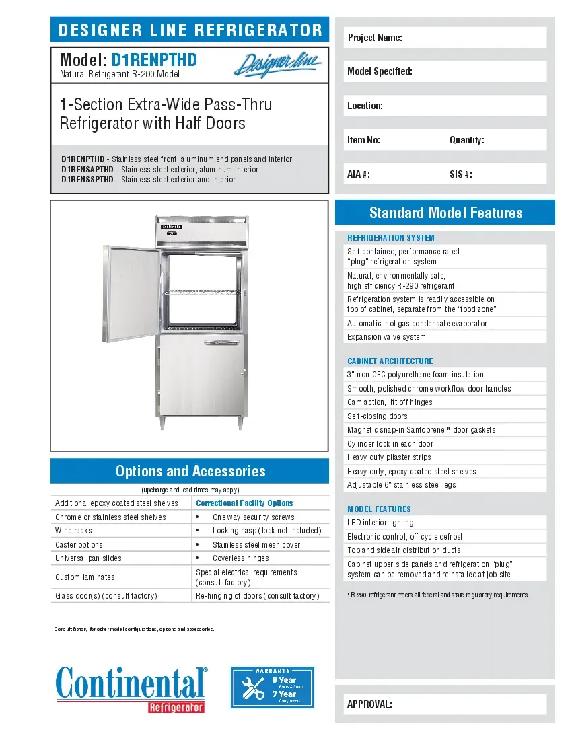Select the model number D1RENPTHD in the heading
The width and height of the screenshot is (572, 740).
[154, 61]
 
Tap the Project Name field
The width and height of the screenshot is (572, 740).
[445, 38]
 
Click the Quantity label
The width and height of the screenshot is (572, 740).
[467, 140]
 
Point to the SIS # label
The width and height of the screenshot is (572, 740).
[460, 174]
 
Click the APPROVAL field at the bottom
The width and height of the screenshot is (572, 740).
[445, 704]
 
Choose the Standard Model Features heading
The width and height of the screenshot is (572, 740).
[445, 213]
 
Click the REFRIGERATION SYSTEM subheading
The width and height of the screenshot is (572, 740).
[391, 237]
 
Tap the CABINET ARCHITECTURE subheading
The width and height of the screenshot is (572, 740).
[390, 361]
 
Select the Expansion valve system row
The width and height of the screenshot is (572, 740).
[386, 337]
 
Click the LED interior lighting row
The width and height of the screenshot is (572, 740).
[380, 523]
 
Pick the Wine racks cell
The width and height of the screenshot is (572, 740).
[74, 531]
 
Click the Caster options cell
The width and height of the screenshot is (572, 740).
[79, 545]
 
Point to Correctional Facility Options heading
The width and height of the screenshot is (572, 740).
[244, 503]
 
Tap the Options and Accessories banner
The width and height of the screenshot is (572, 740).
[190, 471]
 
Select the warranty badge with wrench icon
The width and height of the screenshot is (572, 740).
[273, 688]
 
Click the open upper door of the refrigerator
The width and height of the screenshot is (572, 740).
[133, 290]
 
